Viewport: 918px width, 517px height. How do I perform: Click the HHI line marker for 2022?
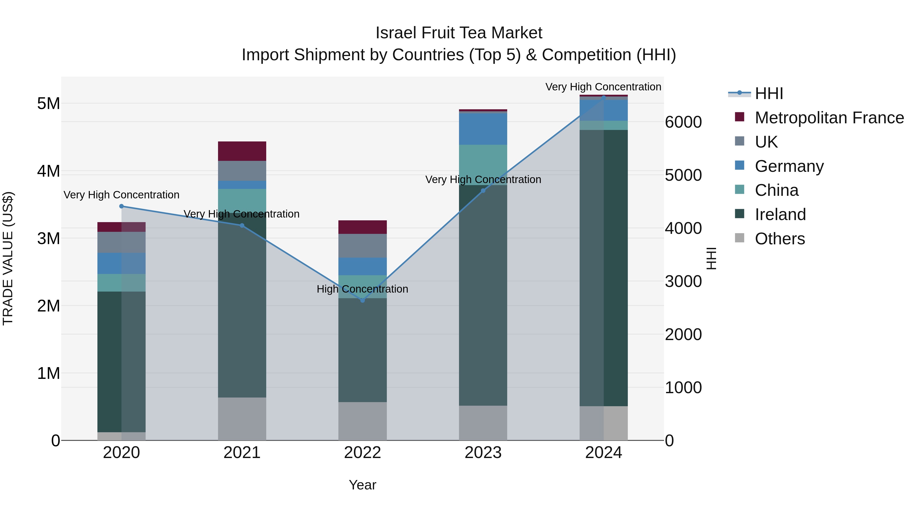(362, 300)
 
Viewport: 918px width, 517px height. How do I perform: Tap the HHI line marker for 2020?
(122, 206)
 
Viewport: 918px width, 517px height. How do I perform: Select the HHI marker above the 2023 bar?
(483, 190)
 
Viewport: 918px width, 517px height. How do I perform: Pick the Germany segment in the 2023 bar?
(483, 129)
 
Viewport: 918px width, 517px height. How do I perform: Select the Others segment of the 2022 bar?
(362, 421)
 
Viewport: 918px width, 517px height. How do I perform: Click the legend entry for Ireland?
(780, 214)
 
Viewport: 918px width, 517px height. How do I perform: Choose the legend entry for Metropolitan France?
(829, 118)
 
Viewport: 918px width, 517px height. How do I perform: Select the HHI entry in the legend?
(768, 93)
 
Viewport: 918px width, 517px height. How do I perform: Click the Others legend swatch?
(739, 238)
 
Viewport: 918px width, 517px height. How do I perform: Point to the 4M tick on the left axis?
(48, 171)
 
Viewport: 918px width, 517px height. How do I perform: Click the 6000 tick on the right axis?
(683, 122)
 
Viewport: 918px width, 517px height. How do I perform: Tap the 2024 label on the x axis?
(603, 453)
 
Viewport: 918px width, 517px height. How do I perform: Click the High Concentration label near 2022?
(362, 289)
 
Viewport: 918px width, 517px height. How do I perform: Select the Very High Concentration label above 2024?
(603, 87)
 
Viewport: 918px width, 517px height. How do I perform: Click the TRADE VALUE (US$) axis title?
(8, 258)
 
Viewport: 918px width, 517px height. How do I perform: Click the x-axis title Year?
(362, 485)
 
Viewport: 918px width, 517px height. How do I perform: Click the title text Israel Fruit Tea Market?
(459, 33)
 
